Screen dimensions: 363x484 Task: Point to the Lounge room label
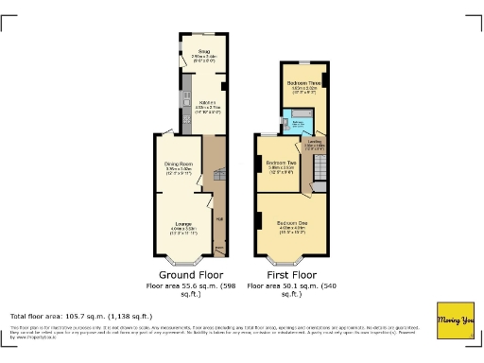183,224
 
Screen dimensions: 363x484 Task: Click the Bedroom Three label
304,83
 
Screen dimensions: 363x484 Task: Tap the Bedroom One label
292,223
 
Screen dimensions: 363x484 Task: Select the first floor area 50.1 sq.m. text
290,288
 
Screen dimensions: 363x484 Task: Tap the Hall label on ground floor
218,219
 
